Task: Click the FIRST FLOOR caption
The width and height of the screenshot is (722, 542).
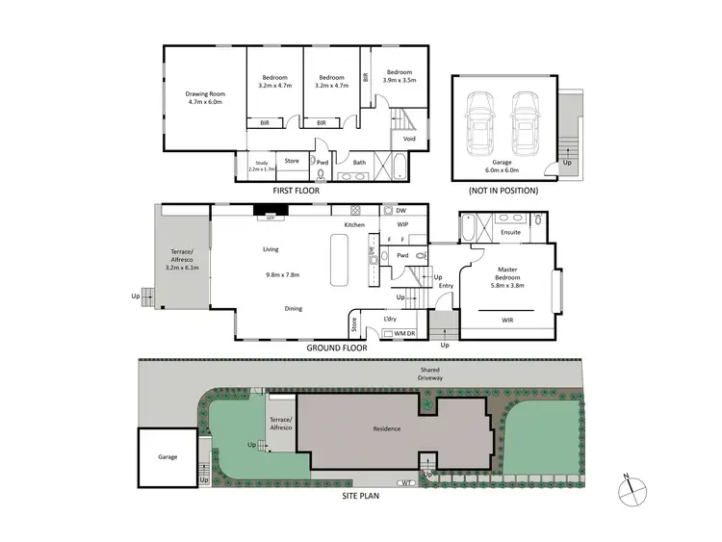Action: tap(296, 191)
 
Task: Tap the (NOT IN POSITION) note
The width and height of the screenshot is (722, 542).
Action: tap(503, 191)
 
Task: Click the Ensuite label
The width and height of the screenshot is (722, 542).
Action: tap(510, 232)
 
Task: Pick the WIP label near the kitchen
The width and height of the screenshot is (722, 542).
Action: tap(402, 224)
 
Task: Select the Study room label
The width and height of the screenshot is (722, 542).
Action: tap(261, 166)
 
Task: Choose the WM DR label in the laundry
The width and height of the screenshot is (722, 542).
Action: tap(399, 333)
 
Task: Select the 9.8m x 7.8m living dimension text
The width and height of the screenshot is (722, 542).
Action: tap(282, 274)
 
